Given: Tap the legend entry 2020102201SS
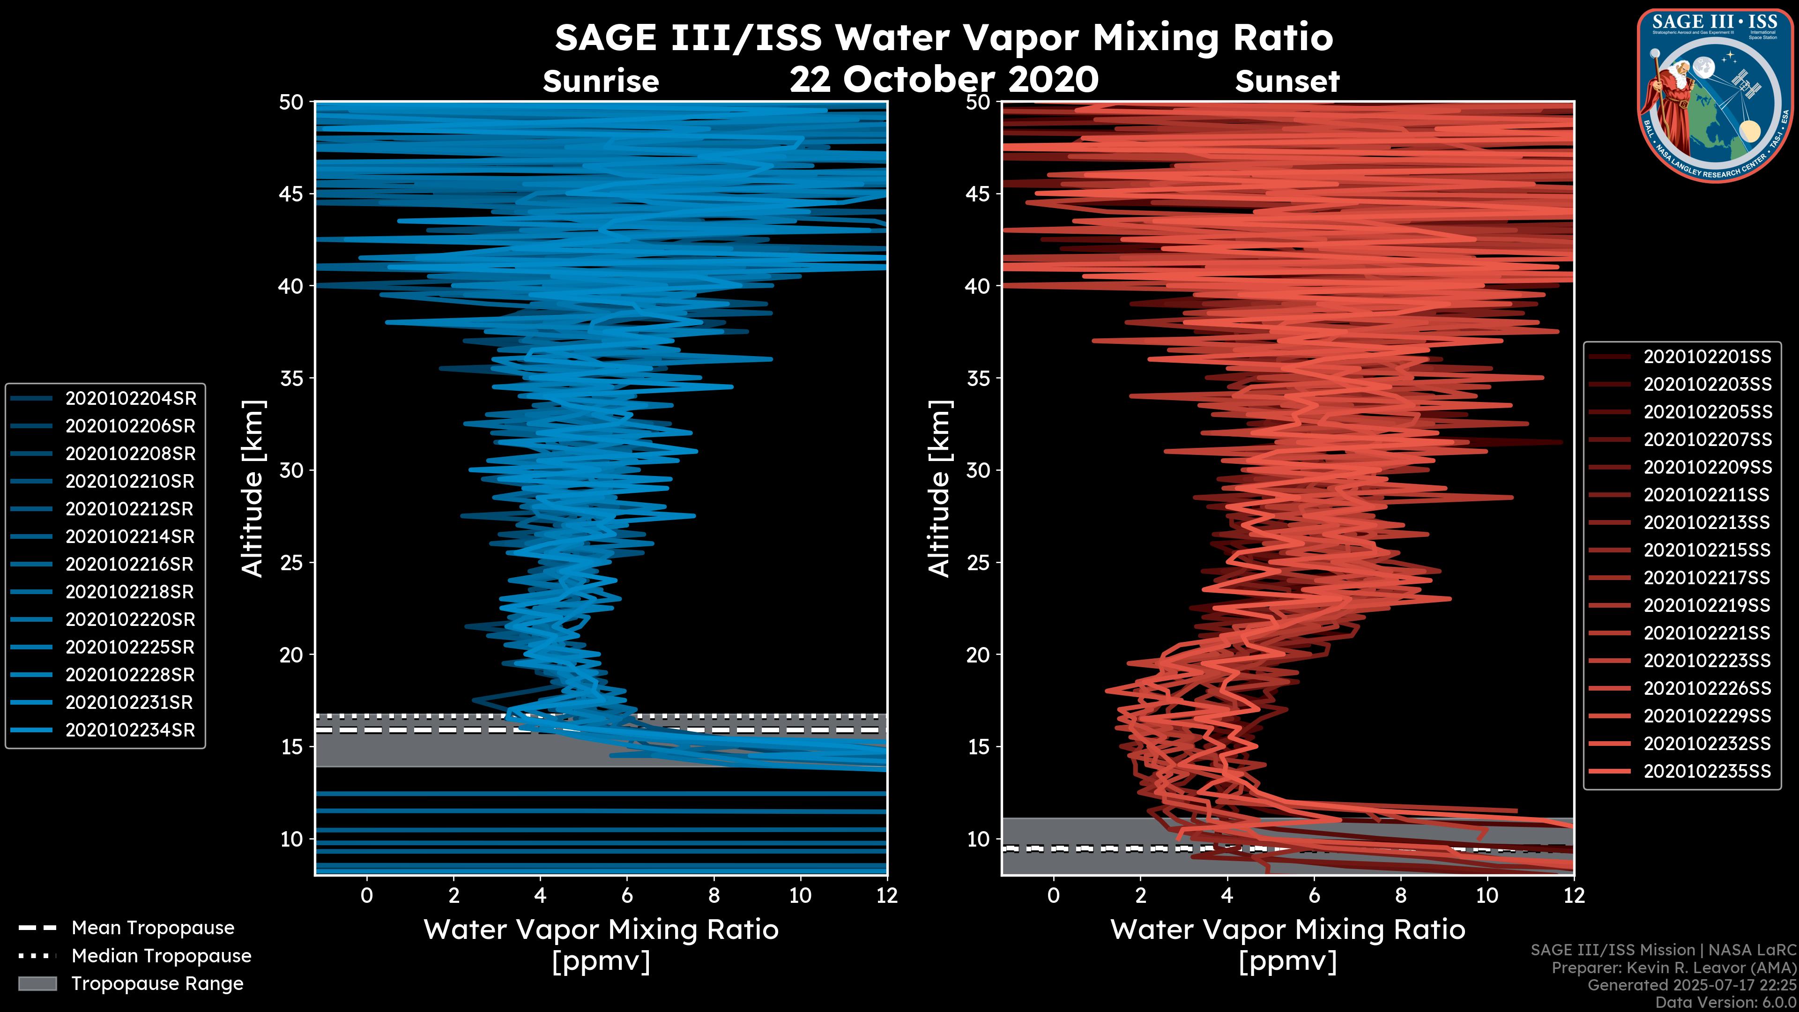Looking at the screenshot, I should click(x=1707, y=357).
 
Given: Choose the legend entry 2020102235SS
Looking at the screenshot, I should click(x=1707, y=771).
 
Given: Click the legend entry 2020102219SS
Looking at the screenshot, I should click(x=1707, y=605).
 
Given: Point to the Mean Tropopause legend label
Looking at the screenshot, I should click(x=153, y=928).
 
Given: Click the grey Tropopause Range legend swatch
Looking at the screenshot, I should click(x=37, y=983).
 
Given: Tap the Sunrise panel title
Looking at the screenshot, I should click(x=601, y=82).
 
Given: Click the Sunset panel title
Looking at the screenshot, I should click(x=1287, y=82).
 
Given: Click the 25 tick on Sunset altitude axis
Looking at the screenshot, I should click(x=979, y=563).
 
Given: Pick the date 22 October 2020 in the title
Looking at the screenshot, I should click(x=944, y=80).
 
